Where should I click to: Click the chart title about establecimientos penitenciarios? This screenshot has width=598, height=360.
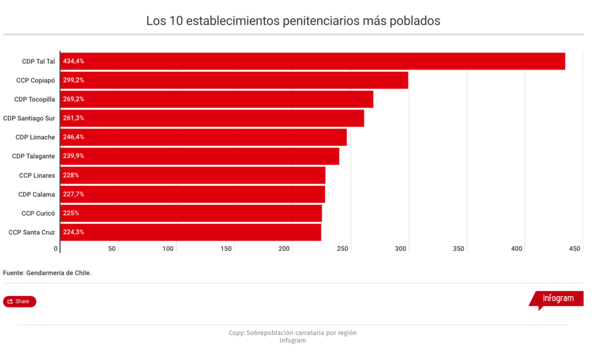(x=293, y=22)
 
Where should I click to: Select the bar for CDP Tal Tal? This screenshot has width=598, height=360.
(x=312, y=61)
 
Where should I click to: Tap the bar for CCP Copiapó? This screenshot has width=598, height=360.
(x=234, y=80)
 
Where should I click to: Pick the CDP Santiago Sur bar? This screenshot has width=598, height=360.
(x=212, y=118)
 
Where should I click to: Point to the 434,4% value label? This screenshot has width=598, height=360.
(x=73, y=61)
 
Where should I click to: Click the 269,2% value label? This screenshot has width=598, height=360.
(x=73, y=99)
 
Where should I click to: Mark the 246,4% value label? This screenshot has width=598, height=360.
(x=73, y=137)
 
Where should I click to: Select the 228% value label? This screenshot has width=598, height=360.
(x=71, y=175)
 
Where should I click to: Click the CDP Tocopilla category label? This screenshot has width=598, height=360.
(x=34, y=99)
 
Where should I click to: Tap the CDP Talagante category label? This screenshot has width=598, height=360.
(x=33, y=156)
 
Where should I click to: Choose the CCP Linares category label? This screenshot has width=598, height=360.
(x=37, y=175)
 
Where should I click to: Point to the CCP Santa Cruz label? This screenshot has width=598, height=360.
(x=32, y=232)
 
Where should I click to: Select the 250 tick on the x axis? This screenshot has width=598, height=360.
(x=343, y=249)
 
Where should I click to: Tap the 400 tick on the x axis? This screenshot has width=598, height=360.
(x=517, y=249)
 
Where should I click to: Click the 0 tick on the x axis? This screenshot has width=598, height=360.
(x=57, y=249)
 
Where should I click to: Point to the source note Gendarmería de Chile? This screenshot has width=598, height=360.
(x=47, y=273)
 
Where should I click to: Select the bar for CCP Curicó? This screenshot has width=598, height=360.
(x=191, y=213)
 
